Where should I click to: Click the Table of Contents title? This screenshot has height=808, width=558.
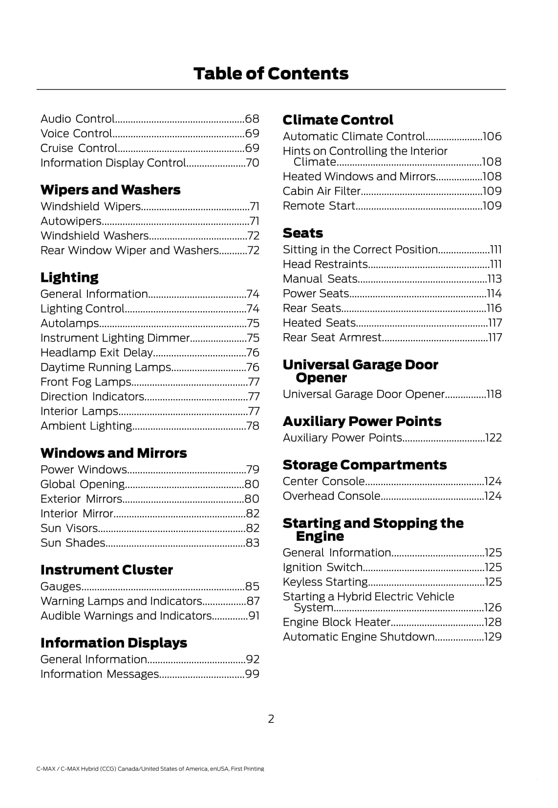[271, 74]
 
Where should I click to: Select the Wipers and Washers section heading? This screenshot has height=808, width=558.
[110, 190]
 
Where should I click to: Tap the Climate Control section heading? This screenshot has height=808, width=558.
[338, 120]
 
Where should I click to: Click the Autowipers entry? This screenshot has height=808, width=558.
[71, 221]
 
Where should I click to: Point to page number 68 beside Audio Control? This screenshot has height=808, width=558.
[252, 119]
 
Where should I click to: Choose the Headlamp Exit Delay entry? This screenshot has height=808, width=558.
[97, 353]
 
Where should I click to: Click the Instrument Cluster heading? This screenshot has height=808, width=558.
[107, 570]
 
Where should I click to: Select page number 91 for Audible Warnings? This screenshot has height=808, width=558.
[254, 616]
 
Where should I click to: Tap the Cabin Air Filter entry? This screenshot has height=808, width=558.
[322, 191]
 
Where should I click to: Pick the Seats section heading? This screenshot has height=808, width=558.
[303, 233]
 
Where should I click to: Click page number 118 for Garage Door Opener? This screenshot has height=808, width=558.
[494, 394]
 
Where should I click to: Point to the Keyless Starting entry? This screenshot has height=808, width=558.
[325, 582]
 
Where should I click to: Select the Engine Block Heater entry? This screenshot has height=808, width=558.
[337, 622]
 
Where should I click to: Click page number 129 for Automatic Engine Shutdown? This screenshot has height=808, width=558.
[493, 637]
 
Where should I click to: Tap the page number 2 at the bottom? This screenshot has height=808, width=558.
[271, 719]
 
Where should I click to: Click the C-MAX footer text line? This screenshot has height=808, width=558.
[150, 769]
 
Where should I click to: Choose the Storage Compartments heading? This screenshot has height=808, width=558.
[365, 465]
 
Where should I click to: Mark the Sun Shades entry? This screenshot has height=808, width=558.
[73, 543]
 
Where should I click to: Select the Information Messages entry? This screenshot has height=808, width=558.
[100, 674]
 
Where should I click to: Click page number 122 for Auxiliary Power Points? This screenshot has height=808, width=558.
[494, 438]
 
